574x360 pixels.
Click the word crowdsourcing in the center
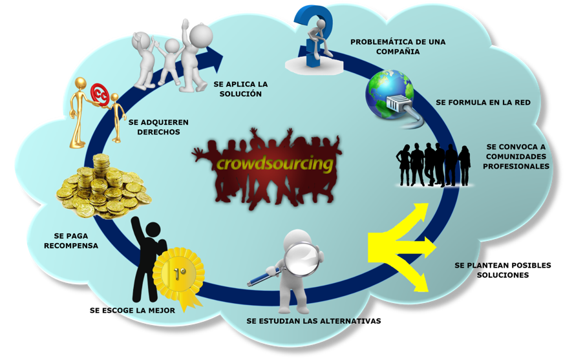[275, 164]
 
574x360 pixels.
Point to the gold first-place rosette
[180, 273]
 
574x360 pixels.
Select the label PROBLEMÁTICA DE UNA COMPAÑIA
[398, 47]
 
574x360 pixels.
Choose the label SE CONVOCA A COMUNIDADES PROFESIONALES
[516, 156]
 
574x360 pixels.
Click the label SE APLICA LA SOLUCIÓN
[240, 89]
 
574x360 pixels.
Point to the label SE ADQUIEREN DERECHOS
[158, 127]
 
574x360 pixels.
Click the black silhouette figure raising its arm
[146, 259]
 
